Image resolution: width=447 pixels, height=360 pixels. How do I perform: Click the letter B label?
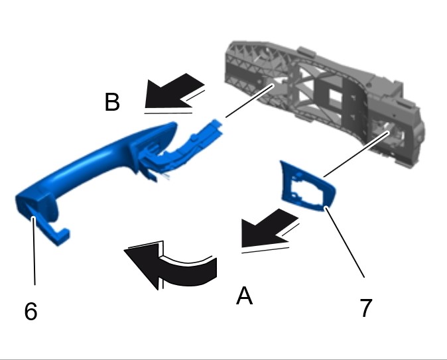coord(112,101)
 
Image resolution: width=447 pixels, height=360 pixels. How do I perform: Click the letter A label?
coord(244,296)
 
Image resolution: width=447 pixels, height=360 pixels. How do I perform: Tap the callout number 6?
coord(31,311)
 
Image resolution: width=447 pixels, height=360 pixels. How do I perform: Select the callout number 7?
coord(365,308)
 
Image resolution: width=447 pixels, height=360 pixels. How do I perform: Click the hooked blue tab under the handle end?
coord(56,232)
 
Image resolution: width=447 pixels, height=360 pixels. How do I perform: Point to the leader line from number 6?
coord(34,251)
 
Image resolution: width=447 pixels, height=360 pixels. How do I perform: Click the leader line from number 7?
coord(345,243)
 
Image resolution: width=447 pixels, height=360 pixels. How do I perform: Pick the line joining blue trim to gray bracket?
coord(356,154)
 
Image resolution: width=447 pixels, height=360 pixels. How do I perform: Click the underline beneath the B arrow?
coord(168,113)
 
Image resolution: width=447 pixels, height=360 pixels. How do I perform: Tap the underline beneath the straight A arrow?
coord(265,250)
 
